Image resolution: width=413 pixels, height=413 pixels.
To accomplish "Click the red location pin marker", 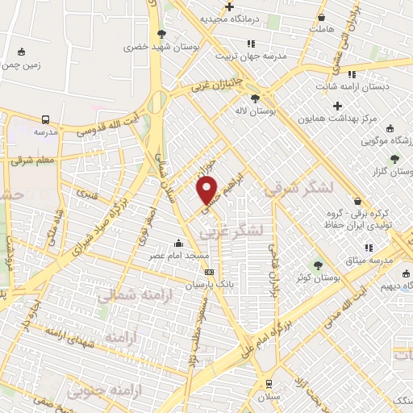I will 207,190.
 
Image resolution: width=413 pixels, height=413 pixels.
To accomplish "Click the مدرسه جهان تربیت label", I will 250,56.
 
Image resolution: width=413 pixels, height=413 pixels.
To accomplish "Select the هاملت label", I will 321,30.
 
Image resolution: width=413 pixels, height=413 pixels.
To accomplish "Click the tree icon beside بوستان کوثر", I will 318,265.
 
